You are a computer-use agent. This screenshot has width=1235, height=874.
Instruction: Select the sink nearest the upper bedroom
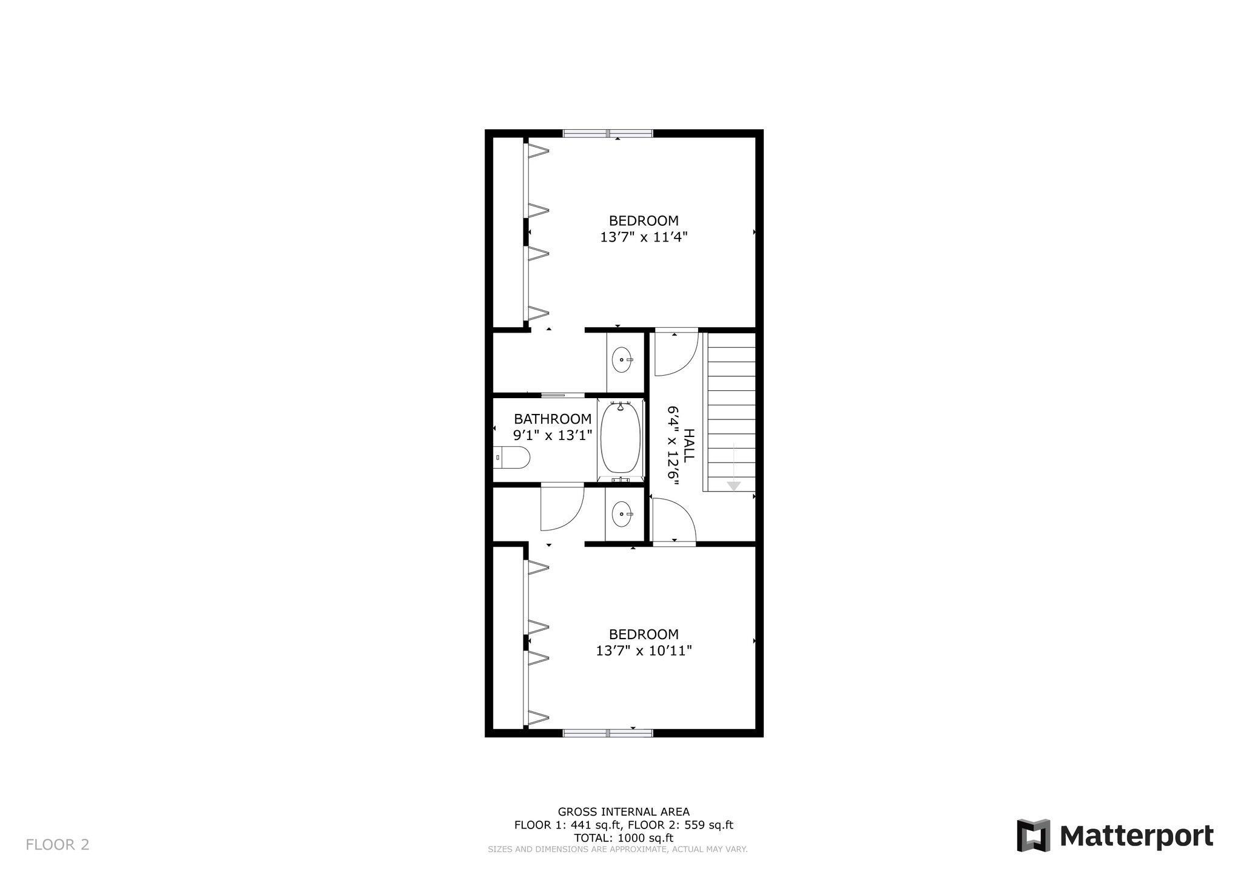[622, 360]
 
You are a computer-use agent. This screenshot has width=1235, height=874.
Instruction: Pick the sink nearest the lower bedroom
[622, 515]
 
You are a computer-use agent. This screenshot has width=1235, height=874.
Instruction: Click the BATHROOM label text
[553, 419]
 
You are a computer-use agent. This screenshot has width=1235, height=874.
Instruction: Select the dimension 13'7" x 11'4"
[644, 237]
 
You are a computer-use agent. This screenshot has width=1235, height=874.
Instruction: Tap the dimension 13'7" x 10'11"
[644, 651]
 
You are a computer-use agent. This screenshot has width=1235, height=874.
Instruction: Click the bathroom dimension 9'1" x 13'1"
[553, 435]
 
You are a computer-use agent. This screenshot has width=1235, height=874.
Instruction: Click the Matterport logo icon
[1033, 836]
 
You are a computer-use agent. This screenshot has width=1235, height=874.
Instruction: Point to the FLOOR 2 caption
[58, 844]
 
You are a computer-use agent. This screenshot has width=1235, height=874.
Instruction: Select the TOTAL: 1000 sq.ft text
[624, 838]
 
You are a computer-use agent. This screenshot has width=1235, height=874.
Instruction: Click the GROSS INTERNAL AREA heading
[624, 811]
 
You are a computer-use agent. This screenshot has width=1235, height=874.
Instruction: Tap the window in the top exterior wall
[608, 134]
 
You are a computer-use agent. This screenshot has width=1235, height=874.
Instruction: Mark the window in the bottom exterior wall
[608, 733]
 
